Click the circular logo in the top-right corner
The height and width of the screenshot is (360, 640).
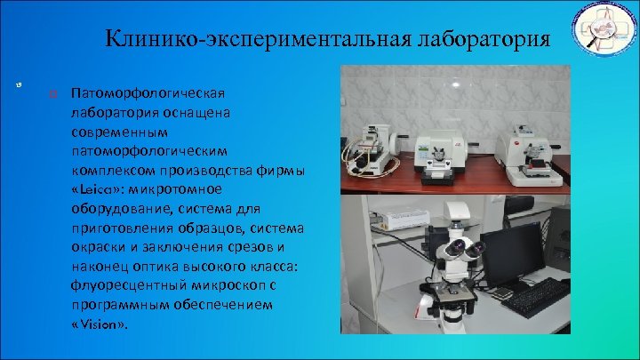(602, 35)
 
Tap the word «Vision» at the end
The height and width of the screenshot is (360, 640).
(99, 324)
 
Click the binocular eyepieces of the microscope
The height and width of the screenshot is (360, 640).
(456, 248)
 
